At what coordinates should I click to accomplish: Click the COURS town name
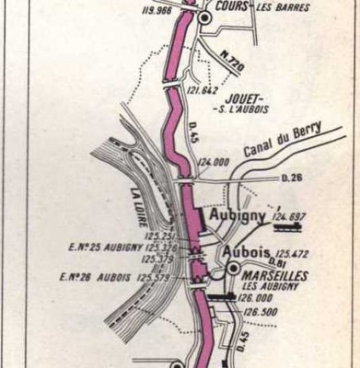[x=224, y=5]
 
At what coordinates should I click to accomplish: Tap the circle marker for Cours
[x=204, y=17]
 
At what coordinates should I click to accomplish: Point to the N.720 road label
[x=233, y=64]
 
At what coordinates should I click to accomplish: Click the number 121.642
[x=203, y=90]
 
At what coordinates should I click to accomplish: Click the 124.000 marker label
[x=214, y=162]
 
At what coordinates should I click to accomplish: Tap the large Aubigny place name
[x=238, y=215]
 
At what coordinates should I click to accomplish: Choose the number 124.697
[x=288, y=217]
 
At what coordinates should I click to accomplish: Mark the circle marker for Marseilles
[x=234, y=268]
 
